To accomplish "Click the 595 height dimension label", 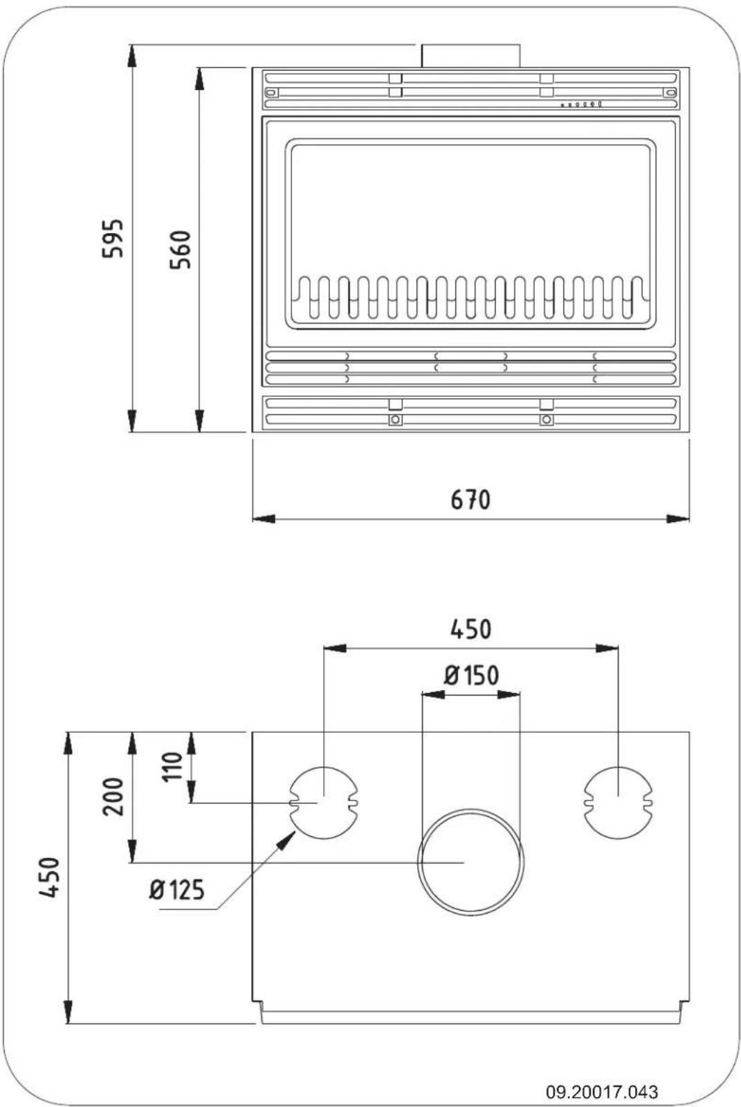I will tap(113, 238).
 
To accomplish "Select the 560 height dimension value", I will tap(181, 250).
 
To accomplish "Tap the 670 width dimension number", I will tap(470, 499).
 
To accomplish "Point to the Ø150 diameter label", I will tap(471, 675).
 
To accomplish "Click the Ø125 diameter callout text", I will tap(176, 889).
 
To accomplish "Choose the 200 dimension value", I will tap(113, 797).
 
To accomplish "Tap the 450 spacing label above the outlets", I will tap(470, 629).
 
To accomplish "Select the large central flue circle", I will tap(470, 862).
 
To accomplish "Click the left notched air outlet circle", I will tap(324, 802).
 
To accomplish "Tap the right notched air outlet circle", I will tap(618, 802).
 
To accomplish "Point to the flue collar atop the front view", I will tap(470, 56).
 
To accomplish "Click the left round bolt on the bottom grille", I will tap(395, 420).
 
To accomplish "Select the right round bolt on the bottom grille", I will tap(547, 420).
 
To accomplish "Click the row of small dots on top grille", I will tap(581, 104).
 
